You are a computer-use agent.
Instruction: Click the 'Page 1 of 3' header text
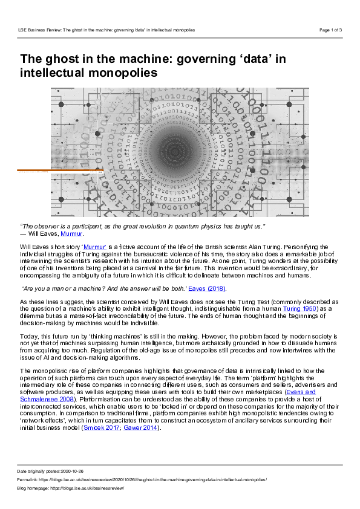point(330,30)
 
